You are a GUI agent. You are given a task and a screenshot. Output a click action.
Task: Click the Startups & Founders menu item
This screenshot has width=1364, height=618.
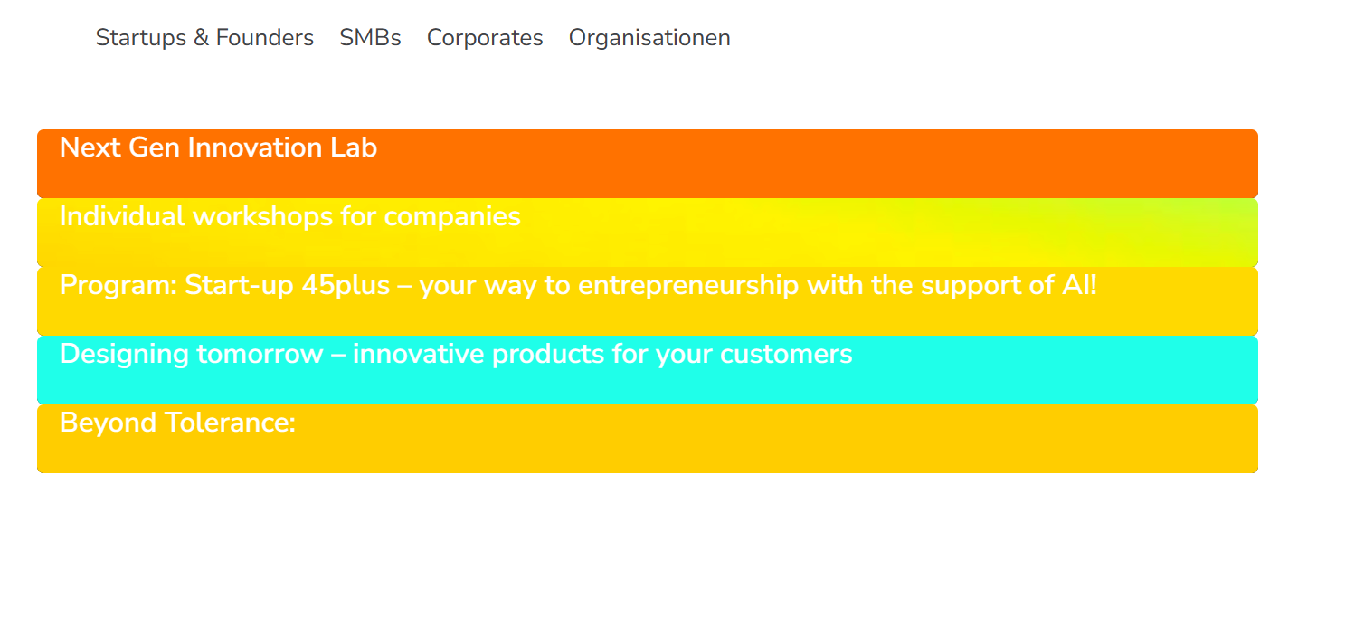tap(204, 38)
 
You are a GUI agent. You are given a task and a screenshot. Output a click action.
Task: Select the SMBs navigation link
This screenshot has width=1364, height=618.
tap(370, 38)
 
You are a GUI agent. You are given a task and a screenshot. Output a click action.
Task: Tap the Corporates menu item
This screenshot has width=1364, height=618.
tap(485, 38)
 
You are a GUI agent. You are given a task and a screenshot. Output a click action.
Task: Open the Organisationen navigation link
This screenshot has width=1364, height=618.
tap(649, 38)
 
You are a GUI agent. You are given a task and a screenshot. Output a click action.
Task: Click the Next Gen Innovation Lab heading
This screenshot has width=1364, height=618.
tap(218, 147)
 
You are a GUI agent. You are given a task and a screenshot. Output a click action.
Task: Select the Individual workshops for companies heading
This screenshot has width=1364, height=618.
tap(289, 217)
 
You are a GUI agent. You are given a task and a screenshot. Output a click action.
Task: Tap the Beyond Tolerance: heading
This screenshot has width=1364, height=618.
tap(178, 423)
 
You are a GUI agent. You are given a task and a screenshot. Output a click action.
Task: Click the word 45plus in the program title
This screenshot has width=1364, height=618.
tap(346, 286)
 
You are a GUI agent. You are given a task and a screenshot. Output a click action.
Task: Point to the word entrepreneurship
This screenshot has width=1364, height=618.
tap(688, 286)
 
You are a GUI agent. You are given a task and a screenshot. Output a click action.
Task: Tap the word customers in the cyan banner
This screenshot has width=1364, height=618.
tap(786, 355)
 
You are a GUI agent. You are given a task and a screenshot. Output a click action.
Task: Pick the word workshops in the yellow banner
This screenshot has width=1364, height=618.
tap(262, 217)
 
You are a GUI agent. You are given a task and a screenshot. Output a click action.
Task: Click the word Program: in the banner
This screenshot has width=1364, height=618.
tap(118, 286)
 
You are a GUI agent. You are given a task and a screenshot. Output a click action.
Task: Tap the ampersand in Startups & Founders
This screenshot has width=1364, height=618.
tap(201, 38)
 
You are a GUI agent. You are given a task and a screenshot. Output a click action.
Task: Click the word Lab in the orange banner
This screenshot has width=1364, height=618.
tap(354, 147)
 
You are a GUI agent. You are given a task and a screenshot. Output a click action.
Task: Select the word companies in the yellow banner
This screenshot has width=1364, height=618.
tap(452, 217)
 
